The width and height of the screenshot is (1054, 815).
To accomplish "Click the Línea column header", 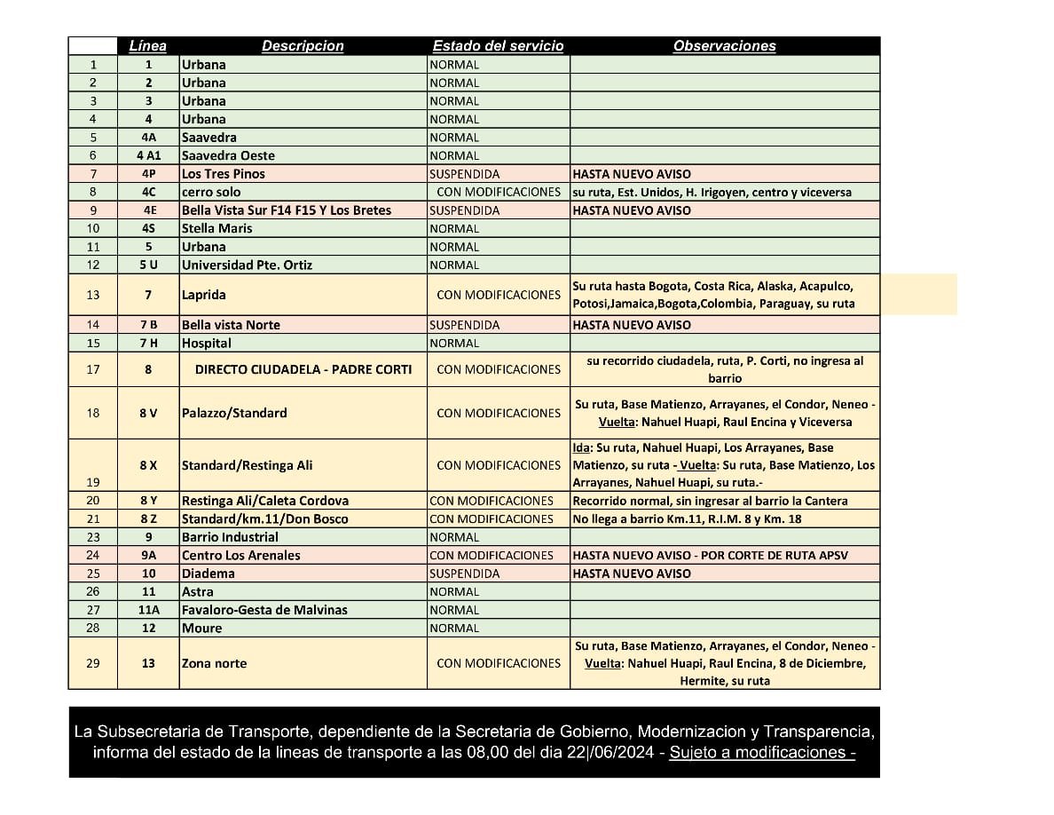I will [147, 46].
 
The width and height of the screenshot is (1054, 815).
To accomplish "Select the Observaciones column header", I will [724, 46].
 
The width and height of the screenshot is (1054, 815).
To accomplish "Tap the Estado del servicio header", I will [498, 46].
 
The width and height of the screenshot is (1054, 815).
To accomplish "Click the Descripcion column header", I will [303, 46].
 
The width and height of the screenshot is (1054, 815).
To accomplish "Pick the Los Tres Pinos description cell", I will [224, 174].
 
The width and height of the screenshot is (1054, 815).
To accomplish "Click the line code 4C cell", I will [148, 192].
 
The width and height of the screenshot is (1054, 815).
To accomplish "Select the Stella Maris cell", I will [217, 228].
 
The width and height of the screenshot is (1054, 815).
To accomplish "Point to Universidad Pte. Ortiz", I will [247, 265].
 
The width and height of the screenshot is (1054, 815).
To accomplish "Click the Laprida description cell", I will [204, 295].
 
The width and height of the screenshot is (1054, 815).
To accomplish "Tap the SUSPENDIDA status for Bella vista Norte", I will [465, 325].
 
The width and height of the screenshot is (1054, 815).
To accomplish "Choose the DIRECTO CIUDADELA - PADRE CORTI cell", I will [303, 369].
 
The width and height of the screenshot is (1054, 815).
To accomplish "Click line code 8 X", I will [148, 465].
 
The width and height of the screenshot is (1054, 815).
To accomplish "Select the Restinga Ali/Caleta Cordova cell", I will [265, 501].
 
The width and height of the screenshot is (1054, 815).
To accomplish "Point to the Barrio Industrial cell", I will [230, 537].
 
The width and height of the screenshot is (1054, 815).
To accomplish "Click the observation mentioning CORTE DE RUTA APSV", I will [710, 555].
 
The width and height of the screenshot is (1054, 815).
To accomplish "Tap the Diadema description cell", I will [208, 574].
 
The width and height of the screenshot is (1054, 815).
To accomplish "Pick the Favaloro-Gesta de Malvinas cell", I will [264, 610].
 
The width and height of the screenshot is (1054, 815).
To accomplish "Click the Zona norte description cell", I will [214, 663].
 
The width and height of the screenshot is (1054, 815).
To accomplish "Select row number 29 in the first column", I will [93, 663].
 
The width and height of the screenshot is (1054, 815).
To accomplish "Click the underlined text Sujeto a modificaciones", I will [762, 753].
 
